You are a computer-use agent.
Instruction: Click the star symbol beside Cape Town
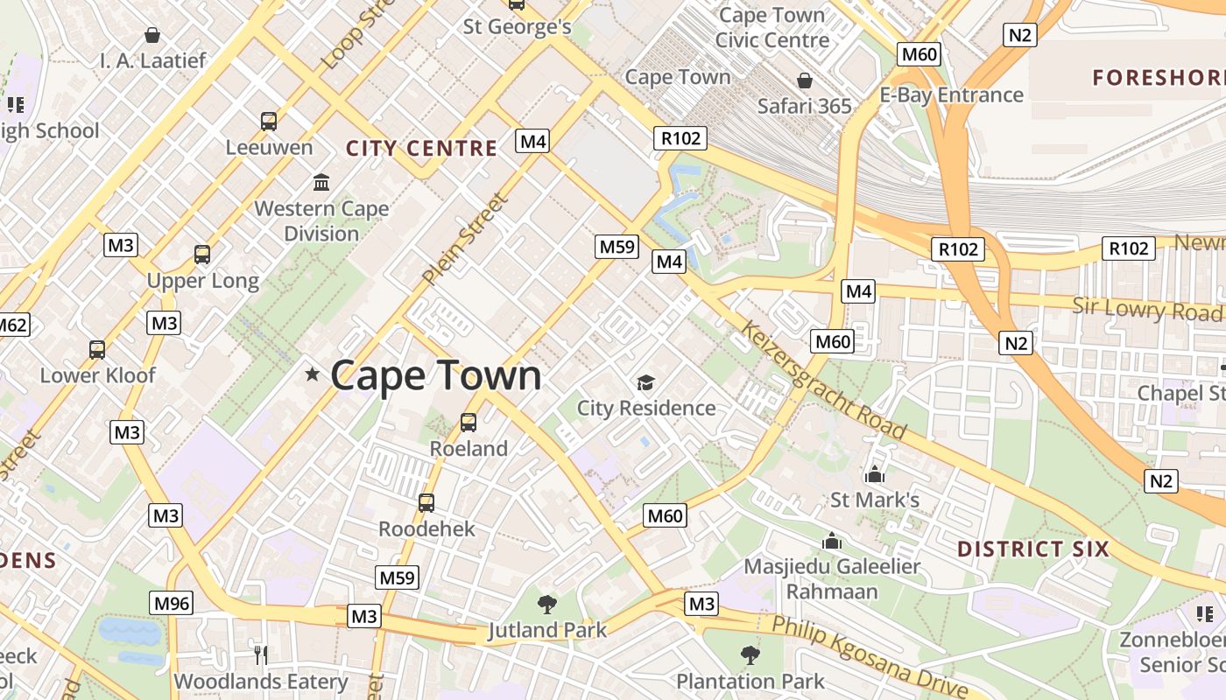click(x=312, y=374)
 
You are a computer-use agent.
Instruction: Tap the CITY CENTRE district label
click(x=421, y=148)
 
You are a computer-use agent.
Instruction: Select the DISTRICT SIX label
click(x=1033, y=549)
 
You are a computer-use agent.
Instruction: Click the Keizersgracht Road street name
click(x=823, y=380)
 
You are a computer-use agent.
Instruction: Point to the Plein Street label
click(x=464, y=240)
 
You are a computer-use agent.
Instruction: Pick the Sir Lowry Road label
click(x=1147, y=309)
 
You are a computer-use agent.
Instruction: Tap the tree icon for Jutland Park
click(x=547, y=603)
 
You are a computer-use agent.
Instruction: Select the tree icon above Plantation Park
click(x=750, y=654)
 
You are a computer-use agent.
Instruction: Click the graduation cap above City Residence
click(x=645, y=382)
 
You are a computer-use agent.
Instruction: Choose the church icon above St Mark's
click(x=874, y=475)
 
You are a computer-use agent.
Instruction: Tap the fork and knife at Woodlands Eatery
click(x=260, y=654)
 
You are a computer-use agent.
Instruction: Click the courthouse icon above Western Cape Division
click(x=321, y=183)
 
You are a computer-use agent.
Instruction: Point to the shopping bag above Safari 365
click(x=805, y=80)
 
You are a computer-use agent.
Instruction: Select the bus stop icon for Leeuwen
click(x=269, y=121)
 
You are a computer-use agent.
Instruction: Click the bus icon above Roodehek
click(x=426, y=503)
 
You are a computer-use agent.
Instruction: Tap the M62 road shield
click(x=12, y=325)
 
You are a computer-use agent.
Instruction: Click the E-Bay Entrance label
click(x=951, y=94)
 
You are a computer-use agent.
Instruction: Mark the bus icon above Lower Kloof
click(x=97, y=350)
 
